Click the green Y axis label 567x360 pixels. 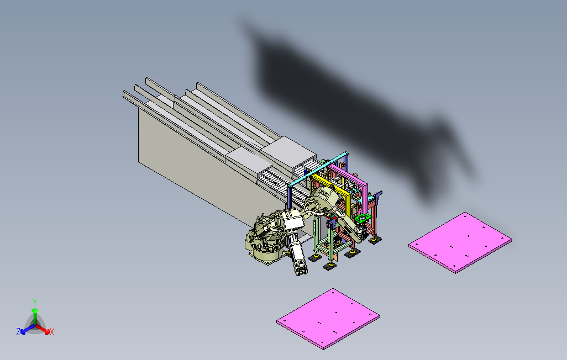click(x=35, y=302)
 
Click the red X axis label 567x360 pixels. click(x=52, y=332)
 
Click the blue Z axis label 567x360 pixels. click(x=18, y=331)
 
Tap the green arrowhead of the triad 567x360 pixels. click(x=35, y=310)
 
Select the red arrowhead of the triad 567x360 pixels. click(x=46, y=331)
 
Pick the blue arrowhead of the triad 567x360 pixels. click(x=23, y=331)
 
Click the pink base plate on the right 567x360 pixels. click(x=460, y=242)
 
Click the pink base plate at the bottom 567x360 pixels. click(x=328, y=319)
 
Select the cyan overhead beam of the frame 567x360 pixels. click(x=318, y=169)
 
